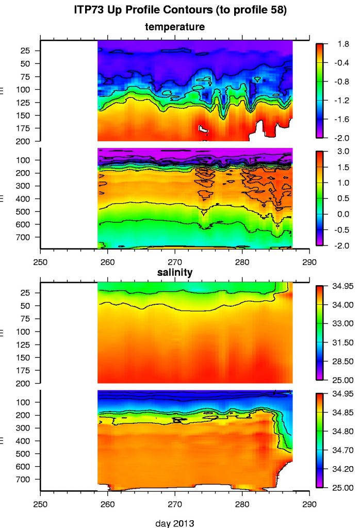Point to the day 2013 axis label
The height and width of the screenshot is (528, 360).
(x=175, y=523)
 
